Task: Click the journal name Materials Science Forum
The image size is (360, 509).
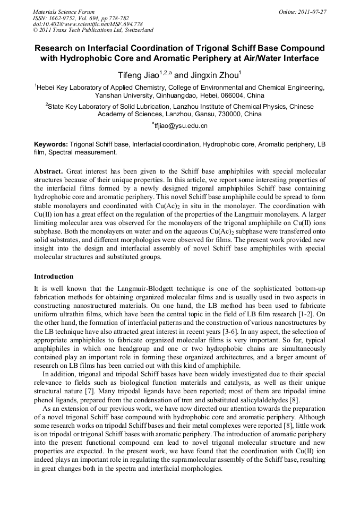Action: click(x=64, y=11)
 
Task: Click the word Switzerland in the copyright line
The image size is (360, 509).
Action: click(x=135, y=30)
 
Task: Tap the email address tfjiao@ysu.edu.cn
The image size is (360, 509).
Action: click(x=181, y=126)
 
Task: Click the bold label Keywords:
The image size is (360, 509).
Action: click(x=51, y=144)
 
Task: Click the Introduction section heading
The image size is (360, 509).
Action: click(x=54, y=277)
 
